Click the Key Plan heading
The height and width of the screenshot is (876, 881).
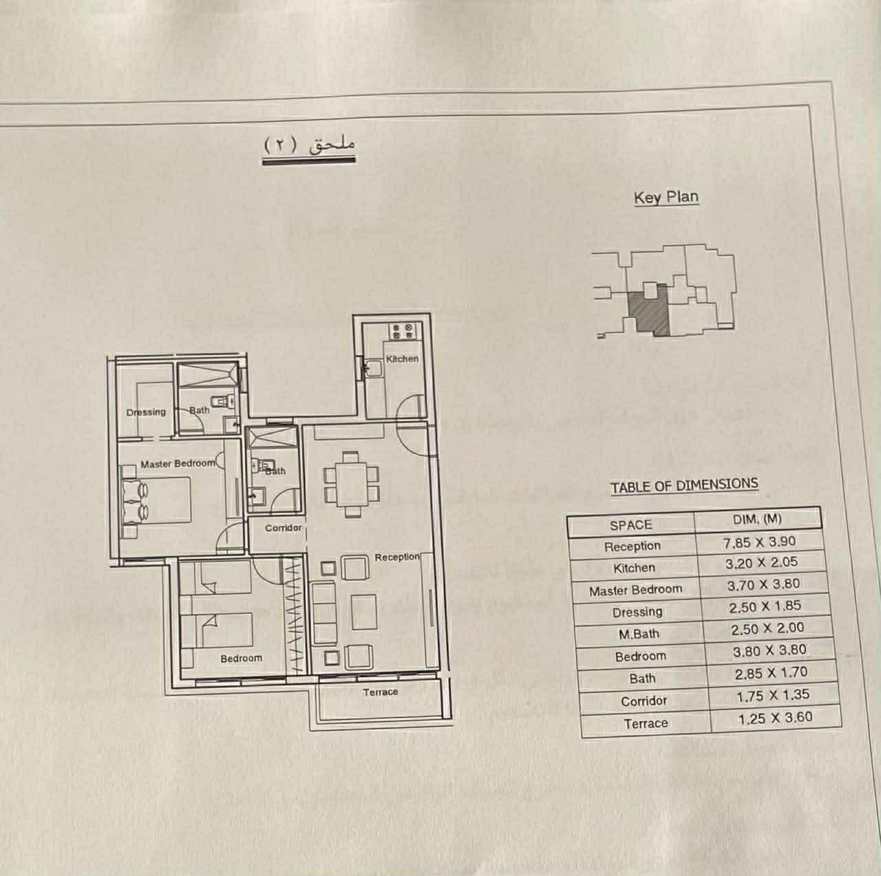[x=666, y=197]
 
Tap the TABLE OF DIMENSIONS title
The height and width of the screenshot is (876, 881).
[x=684, y=486]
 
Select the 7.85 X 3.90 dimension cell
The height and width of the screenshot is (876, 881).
[x=759, y=542]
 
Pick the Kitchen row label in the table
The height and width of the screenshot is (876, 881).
[x=634, y=568]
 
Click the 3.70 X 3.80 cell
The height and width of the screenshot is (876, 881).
[x=763, y=585]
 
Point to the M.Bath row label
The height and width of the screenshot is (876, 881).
[x=639, y=634]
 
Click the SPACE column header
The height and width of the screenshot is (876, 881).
[x=630, y=525]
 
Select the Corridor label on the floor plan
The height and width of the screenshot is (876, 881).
[x=284, y=528]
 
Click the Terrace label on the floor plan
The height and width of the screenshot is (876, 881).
[x=381, y=692]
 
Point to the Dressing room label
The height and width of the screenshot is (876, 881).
[x=146, y=412]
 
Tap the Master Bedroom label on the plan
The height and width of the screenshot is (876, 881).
[x=178, y=464]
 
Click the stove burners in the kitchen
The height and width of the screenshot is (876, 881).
[x=403, y=332]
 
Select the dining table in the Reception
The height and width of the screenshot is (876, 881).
[x=352, y=484]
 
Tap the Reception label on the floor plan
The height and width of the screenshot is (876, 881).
[x=397, y=557]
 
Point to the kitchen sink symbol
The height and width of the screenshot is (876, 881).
[x=374, y=368]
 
